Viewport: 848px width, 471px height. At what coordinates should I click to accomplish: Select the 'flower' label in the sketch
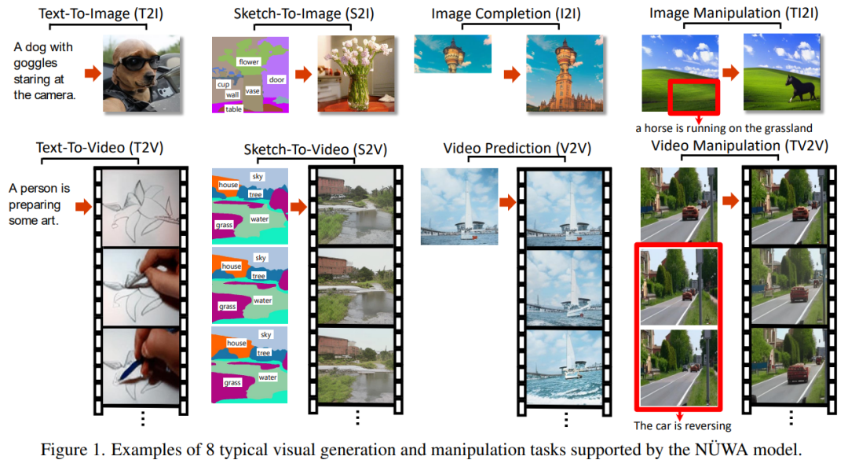[249, 61]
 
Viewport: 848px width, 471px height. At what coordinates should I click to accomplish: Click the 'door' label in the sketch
[276, 79]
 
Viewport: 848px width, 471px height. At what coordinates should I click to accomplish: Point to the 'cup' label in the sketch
[223, 83]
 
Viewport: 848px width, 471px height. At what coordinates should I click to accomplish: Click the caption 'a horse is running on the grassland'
[724, 127]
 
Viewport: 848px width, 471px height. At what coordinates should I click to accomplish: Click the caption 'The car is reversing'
[682, 426]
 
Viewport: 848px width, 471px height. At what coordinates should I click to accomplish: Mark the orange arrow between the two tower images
[511, 74]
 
